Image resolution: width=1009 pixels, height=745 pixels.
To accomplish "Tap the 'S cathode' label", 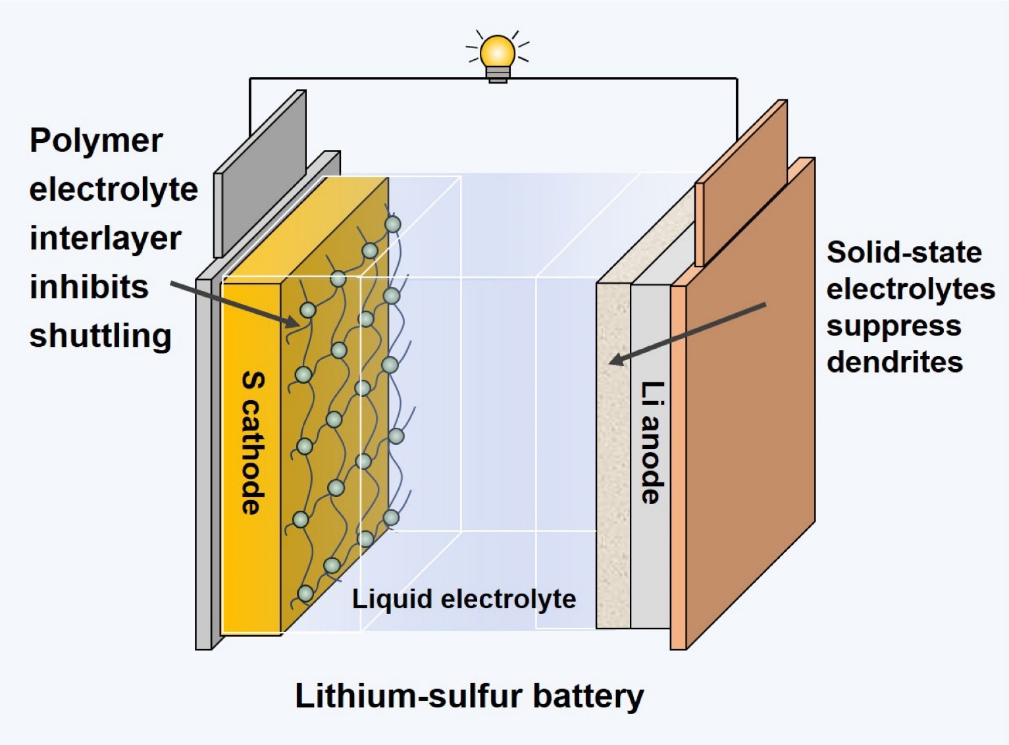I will (253, 442).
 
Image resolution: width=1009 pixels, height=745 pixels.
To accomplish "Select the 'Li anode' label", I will (652, 442).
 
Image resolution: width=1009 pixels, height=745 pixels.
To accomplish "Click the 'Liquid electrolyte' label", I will (464, 599).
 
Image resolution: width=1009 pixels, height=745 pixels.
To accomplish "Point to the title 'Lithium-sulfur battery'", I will (469, 696).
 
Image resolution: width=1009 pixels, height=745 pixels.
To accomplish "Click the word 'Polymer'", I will (96, 141).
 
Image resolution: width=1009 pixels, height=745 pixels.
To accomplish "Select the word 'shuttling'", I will (100, 336).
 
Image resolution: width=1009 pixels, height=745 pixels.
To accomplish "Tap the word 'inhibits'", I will (89, 287).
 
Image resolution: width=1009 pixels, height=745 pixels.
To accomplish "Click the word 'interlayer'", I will (105, 238).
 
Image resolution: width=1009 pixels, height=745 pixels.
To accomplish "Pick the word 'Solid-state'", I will (904, 252).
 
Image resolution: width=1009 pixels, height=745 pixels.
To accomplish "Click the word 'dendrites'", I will (894, 362).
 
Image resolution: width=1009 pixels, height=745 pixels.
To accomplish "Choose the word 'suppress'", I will (894, 326).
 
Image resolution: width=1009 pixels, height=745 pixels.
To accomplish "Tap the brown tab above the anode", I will (742, 181).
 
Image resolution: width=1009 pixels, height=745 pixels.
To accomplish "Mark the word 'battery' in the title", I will (588, 696).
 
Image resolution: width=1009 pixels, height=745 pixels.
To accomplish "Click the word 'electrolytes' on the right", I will (911, 289).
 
